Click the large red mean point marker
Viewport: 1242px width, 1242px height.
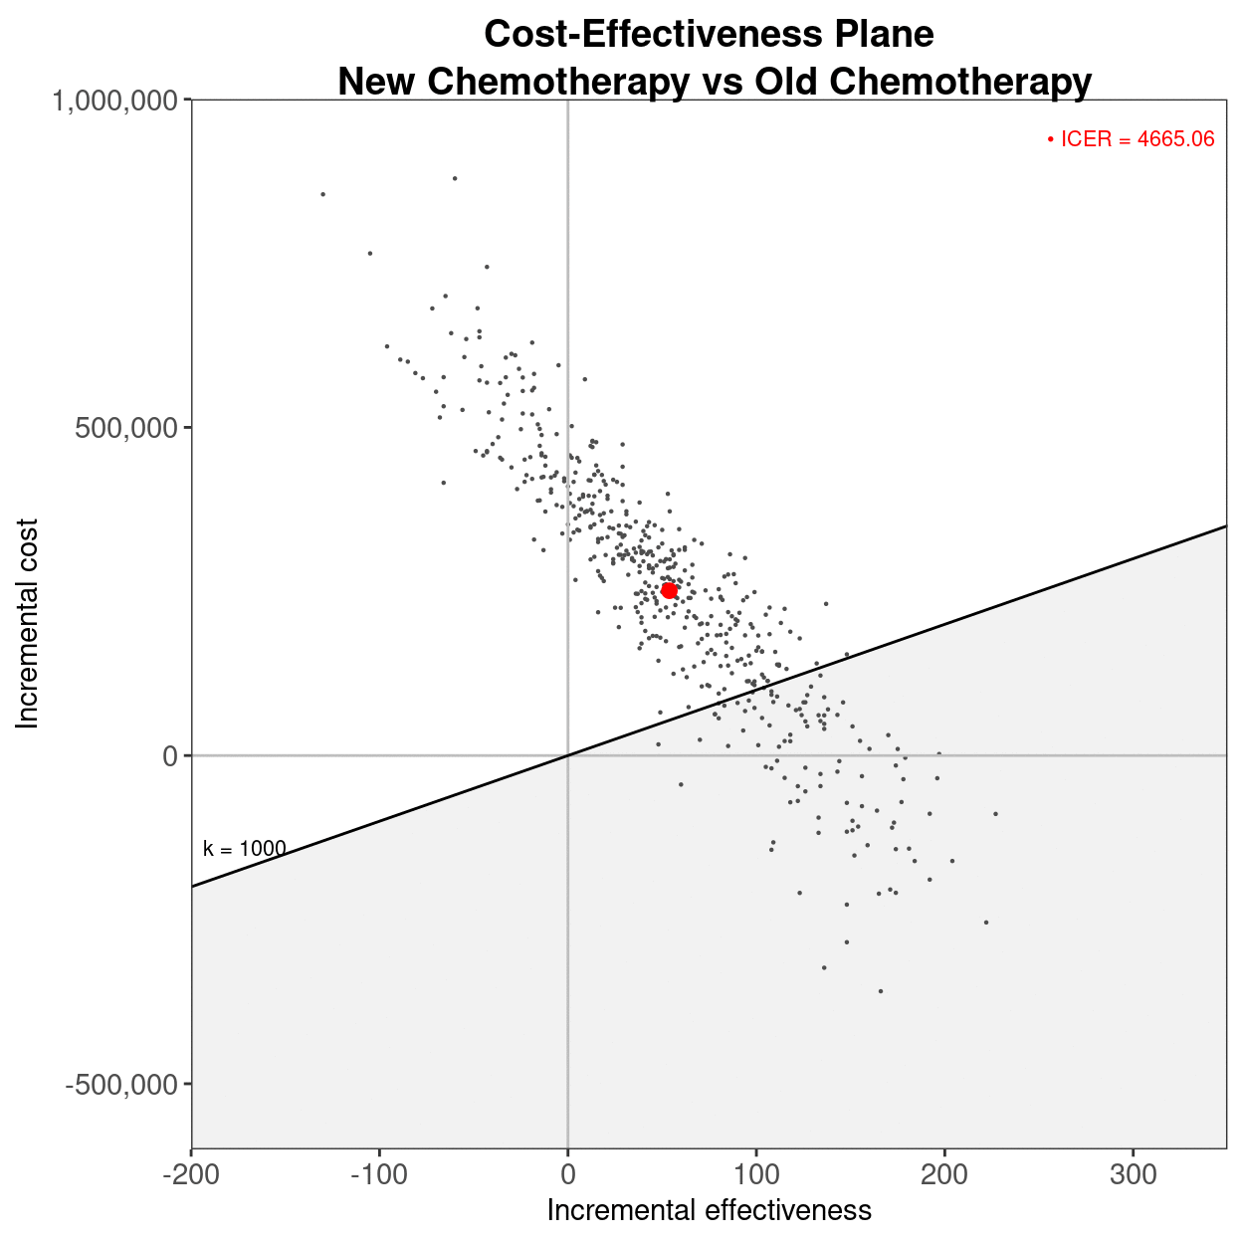(669, 590)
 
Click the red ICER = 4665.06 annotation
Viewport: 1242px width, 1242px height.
(1132, 139)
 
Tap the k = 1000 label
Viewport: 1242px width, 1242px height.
(245, 849)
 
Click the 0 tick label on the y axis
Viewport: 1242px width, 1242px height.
(170, 756)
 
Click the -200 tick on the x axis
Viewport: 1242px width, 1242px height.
(191, 1175)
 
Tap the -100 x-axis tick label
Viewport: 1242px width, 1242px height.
(379, 1175)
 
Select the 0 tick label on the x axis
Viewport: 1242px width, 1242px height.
(567, 1175)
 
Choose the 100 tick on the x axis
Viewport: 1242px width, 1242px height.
(756, 1175)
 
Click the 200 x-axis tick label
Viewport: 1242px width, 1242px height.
(944, 1175)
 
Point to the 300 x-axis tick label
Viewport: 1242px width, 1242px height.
(1134, 1175)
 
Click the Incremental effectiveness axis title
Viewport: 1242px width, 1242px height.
(709, 1210)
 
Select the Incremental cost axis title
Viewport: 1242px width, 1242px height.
(28, 624)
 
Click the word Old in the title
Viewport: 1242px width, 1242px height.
(789, 82)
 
